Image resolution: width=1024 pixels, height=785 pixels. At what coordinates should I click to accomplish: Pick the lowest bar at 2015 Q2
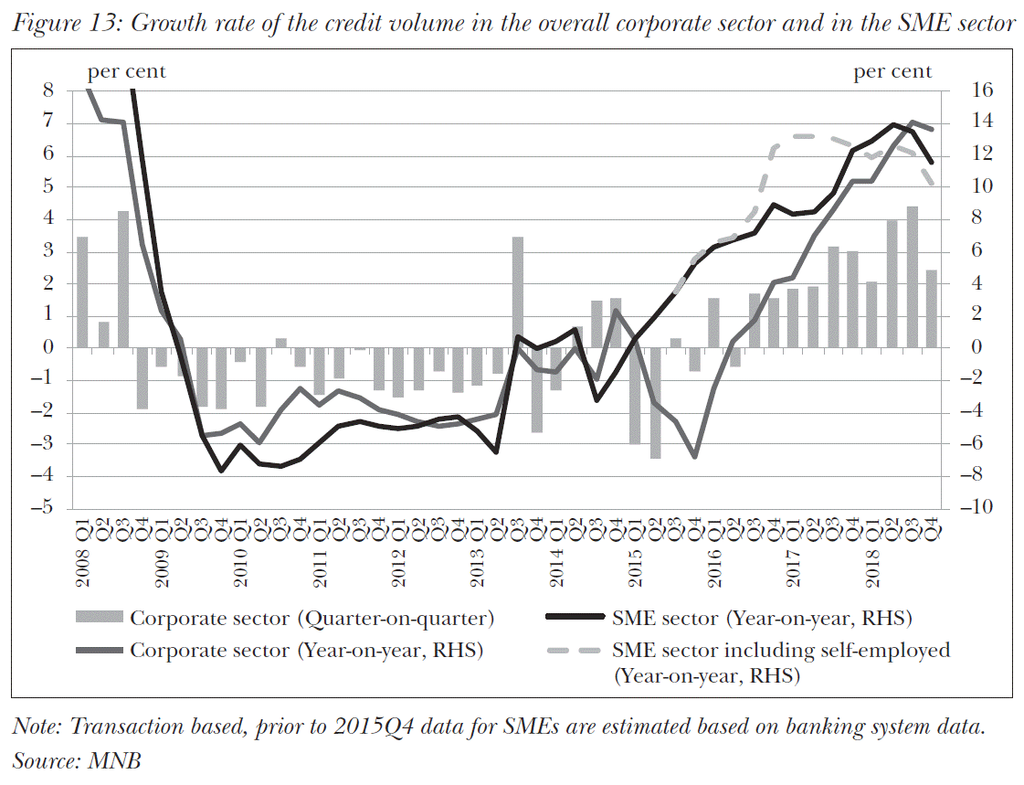(x=656, y=402)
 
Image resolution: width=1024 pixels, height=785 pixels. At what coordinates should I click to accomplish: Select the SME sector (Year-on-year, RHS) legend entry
(x=763, y=619)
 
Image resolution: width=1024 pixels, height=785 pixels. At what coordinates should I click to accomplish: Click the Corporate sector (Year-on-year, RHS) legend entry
(x=306, y=651)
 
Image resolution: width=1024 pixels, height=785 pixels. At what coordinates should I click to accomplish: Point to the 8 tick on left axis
(x=48, y=90)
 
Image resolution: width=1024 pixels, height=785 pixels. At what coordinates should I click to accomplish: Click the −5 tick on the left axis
(x=44, y=508)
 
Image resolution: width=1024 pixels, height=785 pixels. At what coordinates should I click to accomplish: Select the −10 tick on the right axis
(x=966, y=508)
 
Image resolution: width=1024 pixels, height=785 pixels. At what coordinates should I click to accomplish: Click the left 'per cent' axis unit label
(x=126, y=71)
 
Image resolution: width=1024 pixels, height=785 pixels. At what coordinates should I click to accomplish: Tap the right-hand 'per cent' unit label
(x=892, y=71)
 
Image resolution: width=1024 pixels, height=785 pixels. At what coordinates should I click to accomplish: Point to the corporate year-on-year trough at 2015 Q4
(x=695, y=456)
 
